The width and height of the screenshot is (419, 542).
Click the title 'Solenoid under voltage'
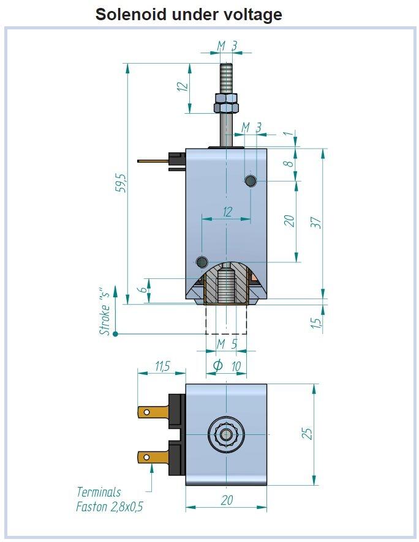tap(189, 14)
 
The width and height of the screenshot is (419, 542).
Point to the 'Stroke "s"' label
tap(106, 312)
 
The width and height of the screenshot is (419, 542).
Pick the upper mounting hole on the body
tap(251, 180)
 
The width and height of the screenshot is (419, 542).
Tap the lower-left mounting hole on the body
tap(202, 262)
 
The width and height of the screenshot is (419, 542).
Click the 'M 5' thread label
tap(227, 344)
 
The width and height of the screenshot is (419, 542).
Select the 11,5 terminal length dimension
tap(162, 366)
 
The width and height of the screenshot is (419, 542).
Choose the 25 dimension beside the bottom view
tap(309, 433)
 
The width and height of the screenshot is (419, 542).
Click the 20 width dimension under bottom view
tap(227, 500)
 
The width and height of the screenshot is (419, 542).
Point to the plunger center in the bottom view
tap(227, 434)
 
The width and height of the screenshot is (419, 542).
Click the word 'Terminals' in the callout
tap(99, 492)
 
